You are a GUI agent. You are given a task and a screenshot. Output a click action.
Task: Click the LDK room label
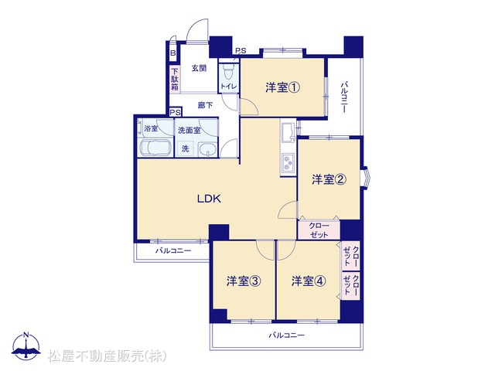(209, 199)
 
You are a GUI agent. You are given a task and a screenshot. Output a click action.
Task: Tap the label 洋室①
(282, 87)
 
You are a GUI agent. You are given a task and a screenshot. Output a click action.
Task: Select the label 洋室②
(329, 179)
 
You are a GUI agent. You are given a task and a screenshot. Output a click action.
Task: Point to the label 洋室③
(244, 281)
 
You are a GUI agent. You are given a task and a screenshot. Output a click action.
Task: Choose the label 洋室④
(309, 281)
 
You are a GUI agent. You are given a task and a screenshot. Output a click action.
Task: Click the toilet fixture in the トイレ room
(227, 73)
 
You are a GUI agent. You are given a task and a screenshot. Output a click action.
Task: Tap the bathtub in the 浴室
(155, 148)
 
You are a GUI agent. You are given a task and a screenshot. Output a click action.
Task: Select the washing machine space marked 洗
(186, 148)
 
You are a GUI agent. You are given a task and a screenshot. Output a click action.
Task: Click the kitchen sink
(288, 131)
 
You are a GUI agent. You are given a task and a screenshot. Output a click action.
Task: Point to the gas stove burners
(288, 163)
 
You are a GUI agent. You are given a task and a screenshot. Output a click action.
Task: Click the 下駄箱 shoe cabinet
(175, 79)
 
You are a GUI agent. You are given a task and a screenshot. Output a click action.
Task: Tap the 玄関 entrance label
(200, 68)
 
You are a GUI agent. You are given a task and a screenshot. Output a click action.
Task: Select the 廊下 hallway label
(205, 105)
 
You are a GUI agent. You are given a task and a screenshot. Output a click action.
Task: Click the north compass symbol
(26, 346)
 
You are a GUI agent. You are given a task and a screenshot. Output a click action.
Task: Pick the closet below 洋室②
(319, 230)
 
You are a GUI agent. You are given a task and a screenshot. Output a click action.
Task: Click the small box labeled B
(172, 53)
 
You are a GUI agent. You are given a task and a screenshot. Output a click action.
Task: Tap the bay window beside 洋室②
(365, 179)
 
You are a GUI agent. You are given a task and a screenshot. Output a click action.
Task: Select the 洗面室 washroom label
(189, 131)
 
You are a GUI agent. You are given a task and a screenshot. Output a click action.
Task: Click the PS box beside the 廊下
(176, 112)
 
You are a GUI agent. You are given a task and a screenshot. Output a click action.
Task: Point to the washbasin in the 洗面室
(207, 149)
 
